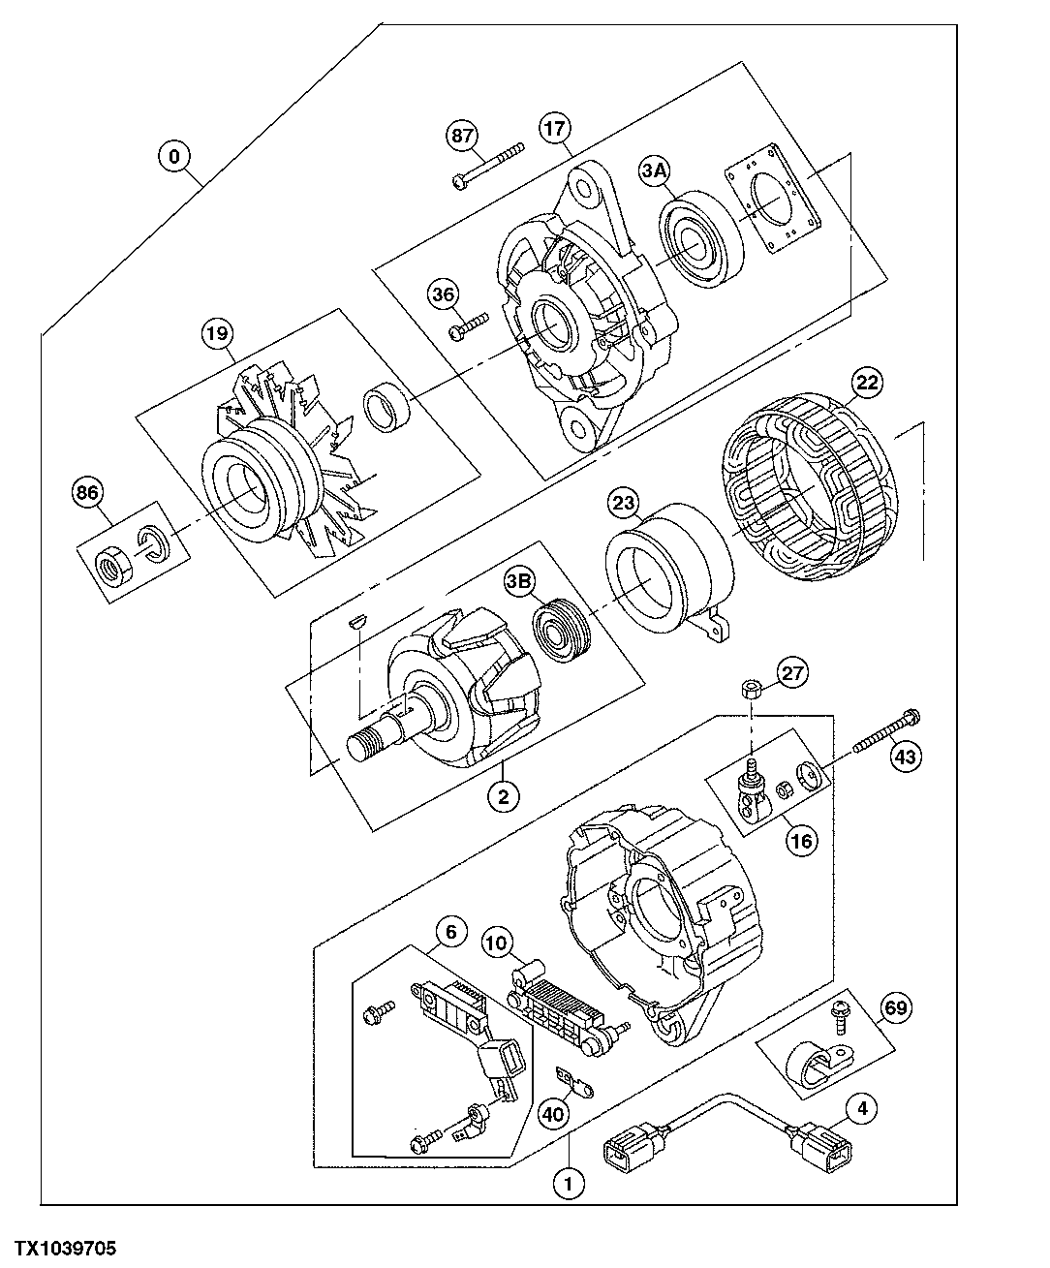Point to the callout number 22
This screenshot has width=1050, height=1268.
pyautogui.click(x=866, y=383)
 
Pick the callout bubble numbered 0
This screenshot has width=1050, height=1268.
pyautogui.click(x=174, y=157)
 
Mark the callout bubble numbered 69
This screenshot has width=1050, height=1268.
pyautogui.click(x=896, y=1009)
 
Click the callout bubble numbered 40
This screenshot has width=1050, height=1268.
pyautogui.click(x=553, y=1115)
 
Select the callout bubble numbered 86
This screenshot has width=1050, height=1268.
pyautogui.click(x=87, y=494)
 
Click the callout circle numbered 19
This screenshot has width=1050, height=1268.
pyautogui.click(x=216, y=334)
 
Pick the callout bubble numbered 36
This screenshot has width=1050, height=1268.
pyautogui.click(x=445, y=294)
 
